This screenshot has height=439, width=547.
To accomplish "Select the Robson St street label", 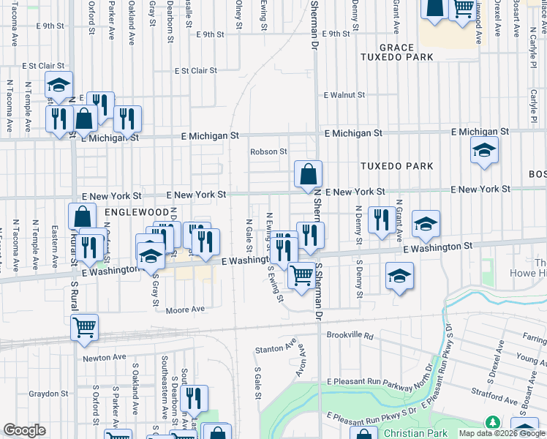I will (x=268, y=152).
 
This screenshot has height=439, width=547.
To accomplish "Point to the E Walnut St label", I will (x=344, y=95).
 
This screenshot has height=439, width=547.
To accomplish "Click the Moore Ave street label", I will (x=185, y=309).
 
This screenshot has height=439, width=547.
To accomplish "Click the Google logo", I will (x=24, y=430).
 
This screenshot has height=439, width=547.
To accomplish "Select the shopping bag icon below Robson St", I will (x=309, y=174).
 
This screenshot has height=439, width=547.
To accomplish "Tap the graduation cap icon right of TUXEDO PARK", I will (x=484, y=150).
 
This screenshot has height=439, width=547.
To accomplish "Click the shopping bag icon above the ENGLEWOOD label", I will (x=82, y=217).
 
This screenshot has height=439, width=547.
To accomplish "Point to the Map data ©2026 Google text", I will (x=502, y=433).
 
